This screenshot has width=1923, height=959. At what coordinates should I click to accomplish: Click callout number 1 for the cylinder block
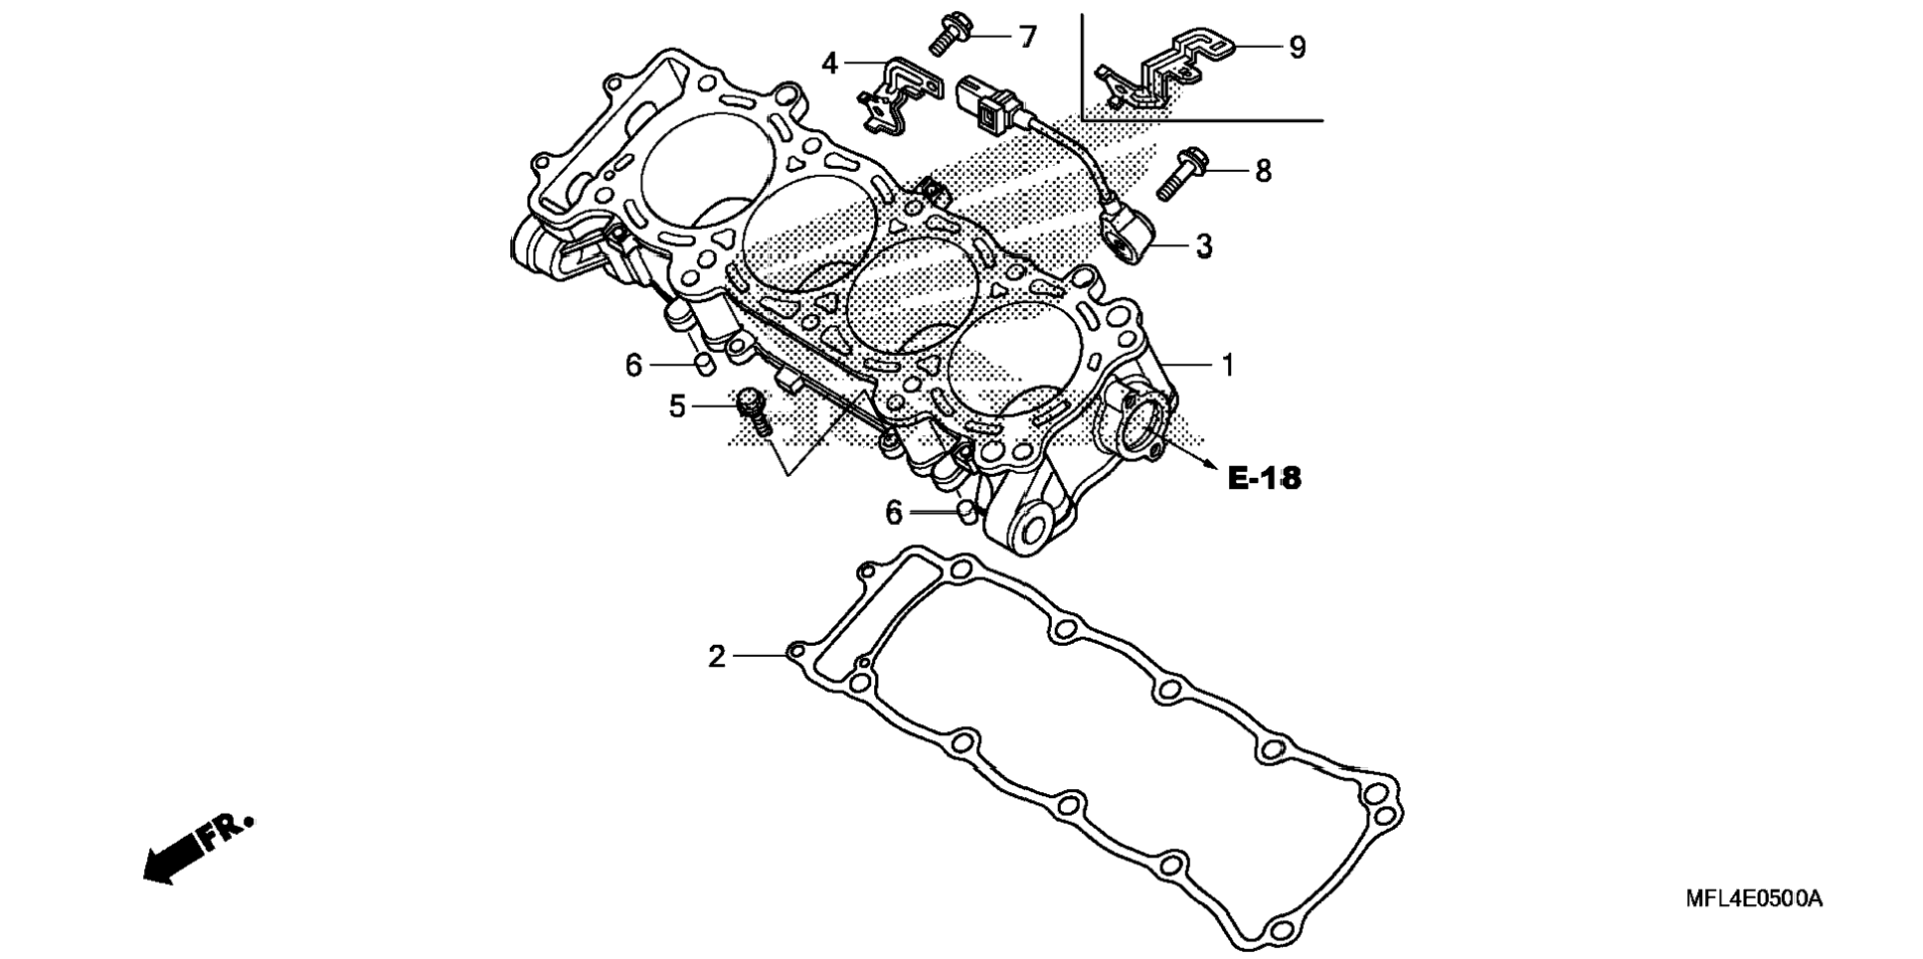click(x=1227, y=366)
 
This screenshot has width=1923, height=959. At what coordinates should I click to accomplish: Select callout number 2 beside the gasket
click(x=717, y=657)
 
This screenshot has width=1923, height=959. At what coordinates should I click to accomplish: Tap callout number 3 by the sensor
click(x=1204, y=246)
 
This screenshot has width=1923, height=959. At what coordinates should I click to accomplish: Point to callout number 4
click(x=830, y=64)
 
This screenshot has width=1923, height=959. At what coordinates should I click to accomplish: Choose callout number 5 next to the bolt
click(x=677, y=406)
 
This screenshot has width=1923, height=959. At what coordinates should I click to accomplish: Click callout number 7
click(x=1027, y=38)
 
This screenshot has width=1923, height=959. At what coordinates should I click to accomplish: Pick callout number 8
click(x=1263, y=171)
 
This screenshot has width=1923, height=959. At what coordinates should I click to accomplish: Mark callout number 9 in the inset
click(x=1297, y=48)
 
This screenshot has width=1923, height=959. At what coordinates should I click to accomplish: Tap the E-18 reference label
click(x=1264, y=479)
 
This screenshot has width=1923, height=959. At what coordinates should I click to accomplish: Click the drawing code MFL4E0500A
click(x=1754, y=899)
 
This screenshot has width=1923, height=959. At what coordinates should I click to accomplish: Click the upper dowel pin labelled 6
click(x=703, y=364)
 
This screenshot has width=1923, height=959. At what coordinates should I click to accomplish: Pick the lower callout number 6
click(x=893, y=514)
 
